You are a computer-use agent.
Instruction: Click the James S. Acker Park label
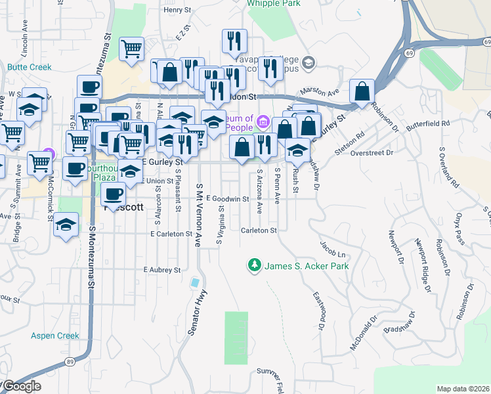point(307,266)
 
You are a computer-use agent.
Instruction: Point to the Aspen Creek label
point(55,336)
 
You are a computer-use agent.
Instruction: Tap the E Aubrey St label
point(161,270)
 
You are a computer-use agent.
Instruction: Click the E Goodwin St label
point(227,199)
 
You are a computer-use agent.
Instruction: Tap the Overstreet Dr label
point(371,152)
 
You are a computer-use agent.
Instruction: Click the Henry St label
point(177,10)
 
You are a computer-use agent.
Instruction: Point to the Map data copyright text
point(463,389)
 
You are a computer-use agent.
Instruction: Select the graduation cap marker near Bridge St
point(66,225)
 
